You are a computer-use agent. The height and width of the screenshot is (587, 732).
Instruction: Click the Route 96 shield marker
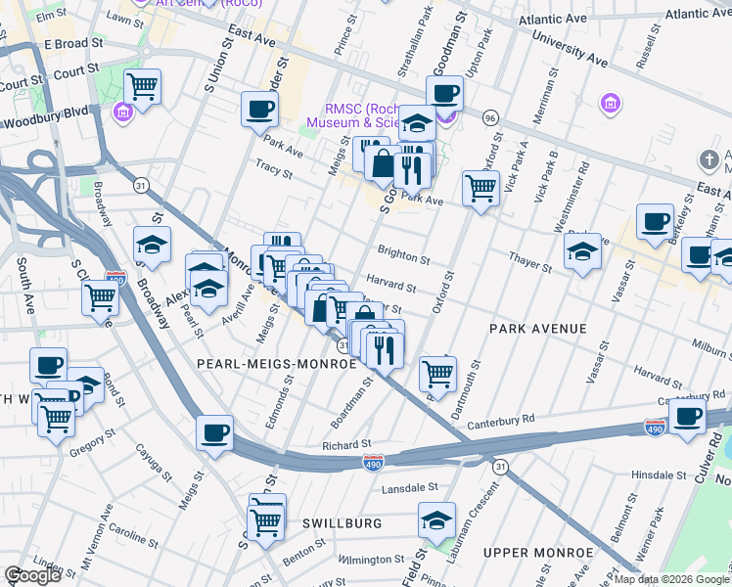[490, 117]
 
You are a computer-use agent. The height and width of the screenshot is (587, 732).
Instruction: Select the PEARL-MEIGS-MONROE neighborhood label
[276, 363]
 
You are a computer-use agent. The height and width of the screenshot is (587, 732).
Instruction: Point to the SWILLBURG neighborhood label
[341, 523]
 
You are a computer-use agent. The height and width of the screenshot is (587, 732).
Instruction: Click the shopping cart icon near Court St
[143, 87]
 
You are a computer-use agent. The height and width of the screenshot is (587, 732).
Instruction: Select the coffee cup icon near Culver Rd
[688, 414]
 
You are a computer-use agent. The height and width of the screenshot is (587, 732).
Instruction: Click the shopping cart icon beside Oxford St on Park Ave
[480, 186]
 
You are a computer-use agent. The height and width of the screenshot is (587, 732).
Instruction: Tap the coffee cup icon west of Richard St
[214, 431]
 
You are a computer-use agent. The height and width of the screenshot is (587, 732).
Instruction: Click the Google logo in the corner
[32, 575]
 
